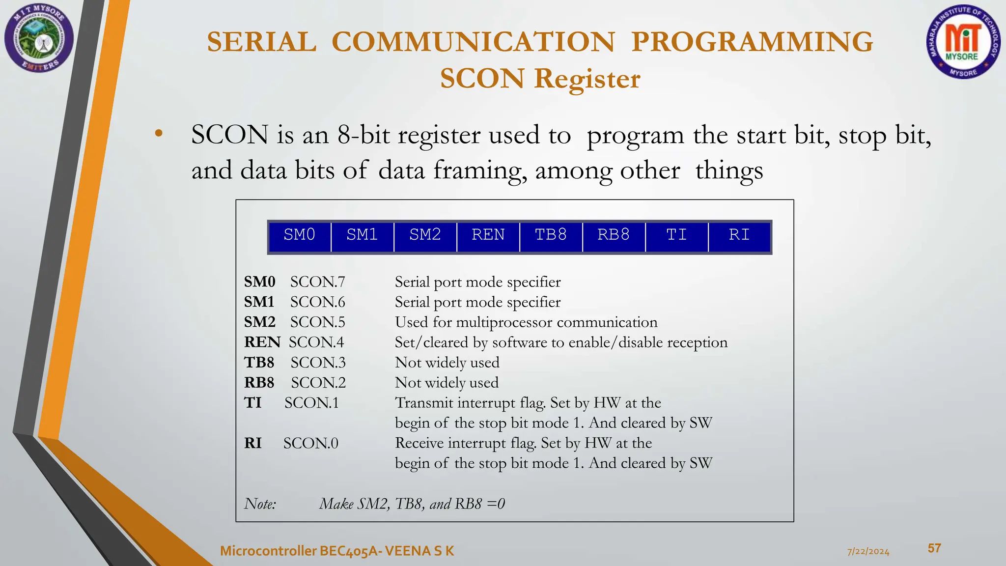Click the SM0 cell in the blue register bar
tap(299, 235)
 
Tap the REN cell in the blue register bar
tap(488, 235)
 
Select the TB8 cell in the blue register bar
tap(551, 235)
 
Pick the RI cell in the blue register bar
tap(739, 235)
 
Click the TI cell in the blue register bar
tap(676, 235)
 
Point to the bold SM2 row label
tap(259, 322)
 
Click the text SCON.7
tap(317, 282)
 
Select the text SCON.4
tap(316, 342)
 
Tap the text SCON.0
tap(310, 443)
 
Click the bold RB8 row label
tap(259, 383)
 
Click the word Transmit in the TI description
tap(424, 403)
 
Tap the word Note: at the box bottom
tap(260, 504)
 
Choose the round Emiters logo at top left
tap(39, 38)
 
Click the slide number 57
tap(934, 548)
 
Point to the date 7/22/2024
tap(868, 551)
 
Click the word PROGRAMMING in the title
tap(752, 41)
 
